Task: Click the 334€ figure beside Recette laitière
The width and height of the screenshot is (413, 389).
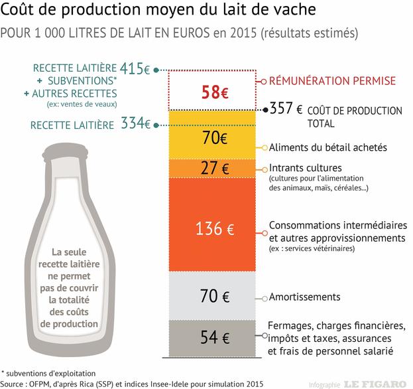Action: click(x=136, y=123)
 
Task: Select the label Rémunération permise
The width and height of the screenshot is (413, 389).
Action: click(x=331, y=81)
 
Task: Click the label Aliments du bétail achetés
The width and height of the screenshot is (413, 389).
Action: click(x=327, y=147)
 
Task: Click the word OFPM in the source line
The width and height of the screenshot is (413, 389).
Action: click(x=48, y=383)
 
